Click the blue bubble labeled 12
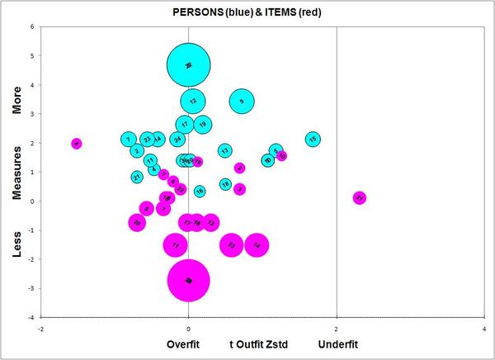[192, 102]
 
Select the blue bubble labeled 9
[241, 102]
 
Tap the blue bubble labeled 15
[313, 140]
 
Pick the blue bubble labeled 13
[224, 150]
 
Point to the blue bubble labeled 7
[128, 140]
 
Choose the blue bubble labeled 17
[185, 125]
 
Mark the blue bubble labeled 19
[202, 125]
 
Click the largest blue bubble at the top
[189, 64]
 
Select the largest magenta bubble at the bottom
[189, 281]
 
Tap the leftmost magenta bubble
[77, 144]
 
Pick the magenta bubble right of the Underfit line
[359, 198]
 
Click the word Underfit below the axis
[337, 343]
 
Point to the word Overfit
[184, 343]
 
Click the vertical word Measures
[19, 173]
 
